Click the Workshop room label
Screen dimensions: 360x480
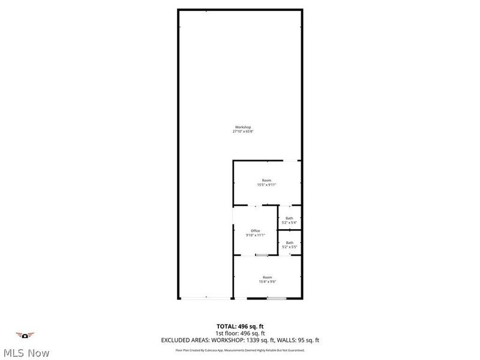click(242, 127)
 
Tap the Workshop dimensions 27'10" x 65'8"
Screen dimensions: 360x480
click(242, 131)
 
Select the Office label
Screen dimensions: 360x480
click(255, 230)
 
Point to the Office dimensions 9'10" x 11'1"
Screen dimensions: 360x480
click(255, 235)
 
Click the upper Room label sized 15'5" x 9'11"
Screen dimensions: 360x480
click(266, 180)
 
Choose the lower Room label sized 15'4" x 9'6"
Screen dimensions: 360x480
click(267, 277)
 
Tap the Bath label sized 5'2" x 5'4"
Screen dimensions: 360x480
click(289, 218)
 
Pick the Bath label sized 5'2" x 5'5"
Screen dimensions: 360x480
click(289, 242)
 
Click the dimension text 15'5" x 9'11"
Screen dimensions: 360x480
click(266, 185)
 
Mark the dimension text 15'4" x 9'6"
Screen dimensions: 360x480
click(267, 281)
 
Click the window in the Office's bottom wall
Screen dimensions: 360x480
click(262, 256)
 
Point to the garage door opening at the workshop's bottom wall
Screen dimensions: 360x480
click(206, 298)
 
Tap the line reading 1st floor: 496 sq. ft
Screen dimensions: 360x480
click(240, 333)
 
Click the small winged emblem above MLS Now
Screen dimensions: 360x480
click(25, 335)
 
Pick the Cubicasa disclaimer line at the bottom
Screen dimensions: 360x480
click(240, 350)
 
